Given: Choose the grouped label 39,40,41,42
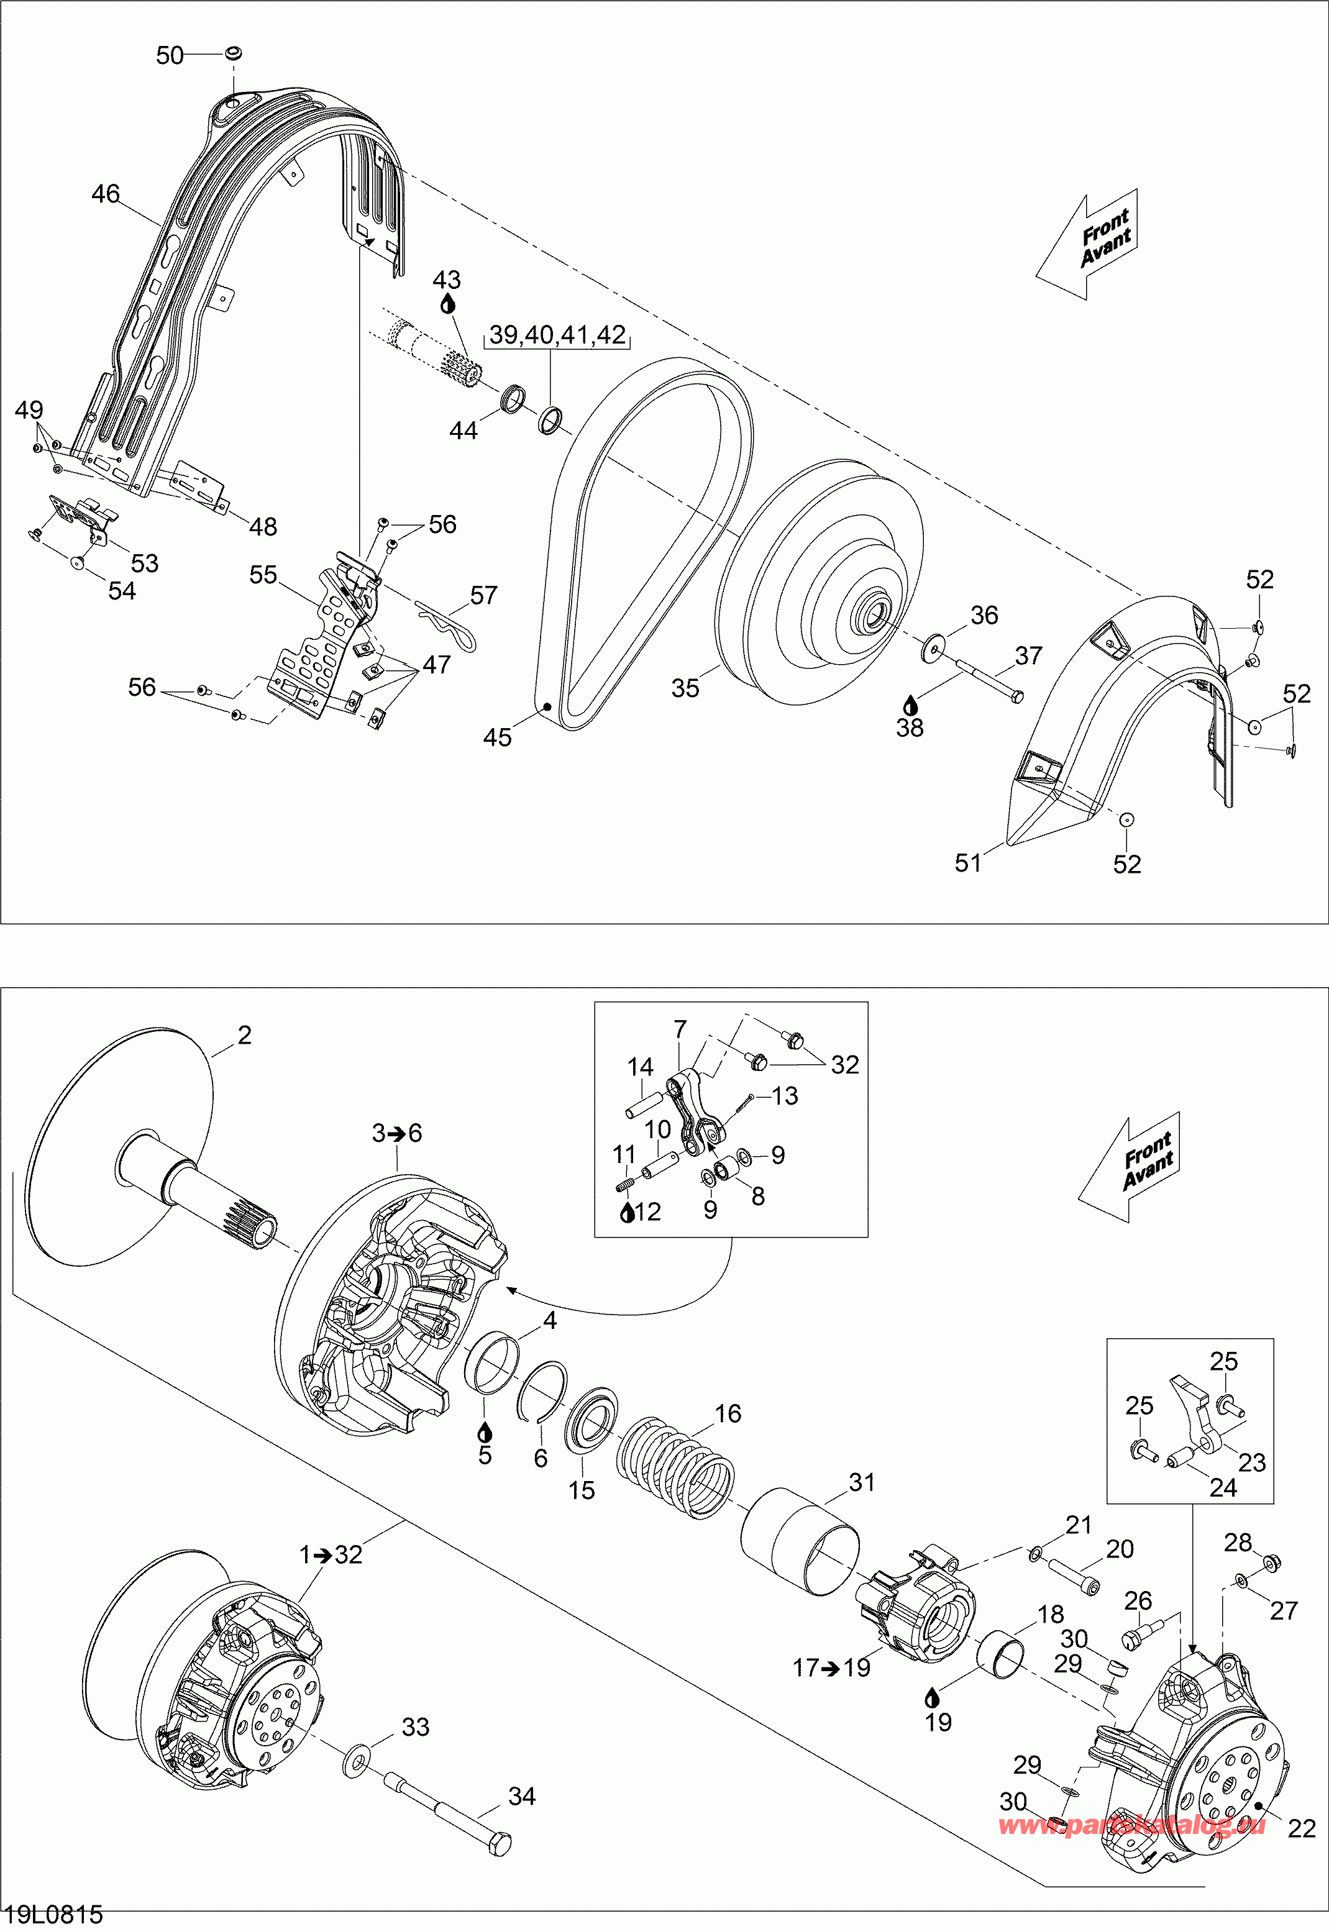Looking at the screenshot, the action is pos(557,335).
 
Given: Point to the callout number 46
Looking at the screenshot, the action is pos(106,194).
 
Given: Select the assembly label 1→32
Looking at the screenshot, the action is pos(331,1554).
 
